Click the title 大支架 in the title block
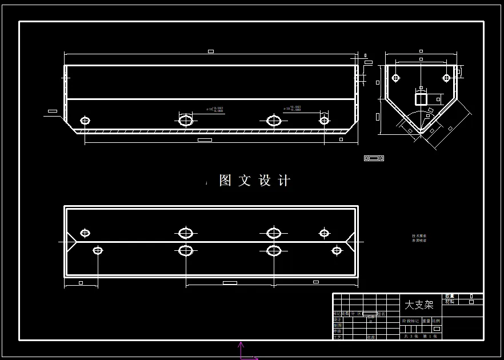(x=419, y=305)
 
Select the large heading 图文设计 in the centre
(x=255, y=181)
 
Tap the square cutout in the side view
(x=421, y=99)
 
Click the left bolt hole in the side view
(x=395, y=78)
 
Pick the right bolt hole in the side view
(x=446, y=78)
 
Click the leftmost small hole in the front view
(x=85, y=121)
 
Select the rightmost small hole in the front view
(x=324, y=121)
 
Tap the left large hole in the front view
(x=186, y=121)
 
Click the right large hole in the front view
(x=274, y=121)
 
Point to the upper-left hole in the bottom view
(x=85, y=233)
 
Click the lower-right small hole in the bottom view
(x=337, y=250)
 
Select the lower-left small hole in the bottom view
(x=98, y=250)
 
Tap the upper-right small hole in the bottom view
(x=324, y=233)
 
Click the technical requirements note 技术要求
(x=419, y=235)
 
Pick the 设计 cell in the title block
(x=337, y=320)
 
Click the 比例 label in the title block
(x=435, y=321)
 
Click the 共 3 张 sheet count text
(x=411, y=336)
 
